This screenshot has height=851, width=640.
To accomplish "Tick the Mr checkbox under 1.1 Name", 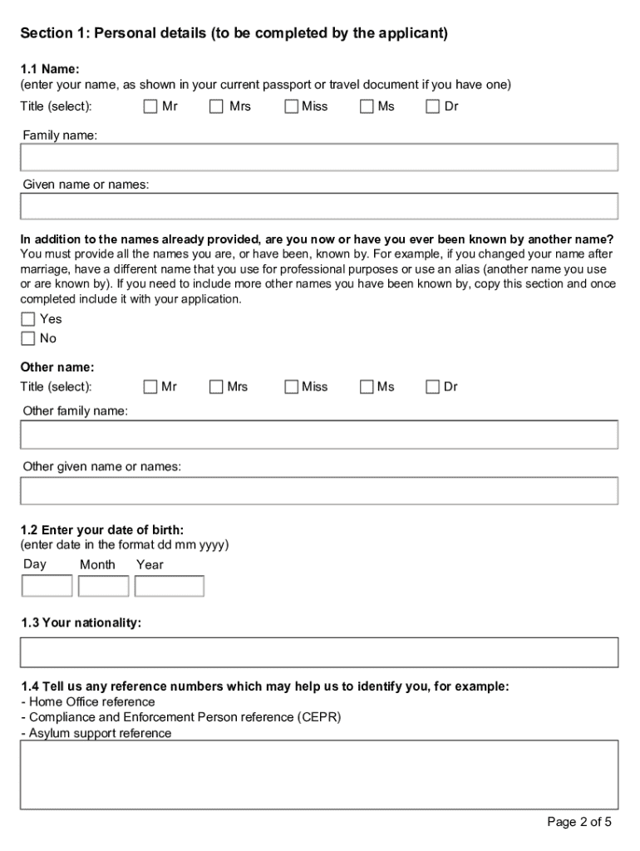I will [150, 106].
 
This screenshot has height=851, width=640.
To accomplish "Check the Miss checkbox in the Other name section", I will [292, 386].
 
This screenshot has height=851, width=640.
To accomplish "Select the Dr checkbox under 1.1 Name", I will [433, 106].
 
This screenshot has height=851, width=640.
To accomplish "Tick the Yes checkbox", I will [28, 319].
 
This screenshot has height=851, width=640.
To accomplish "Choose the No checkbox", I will [28, 338].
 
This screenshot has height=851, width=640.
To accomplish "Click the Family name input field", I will [319, 157].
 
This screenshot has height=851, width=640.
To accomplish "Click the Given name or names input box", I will [319, 206].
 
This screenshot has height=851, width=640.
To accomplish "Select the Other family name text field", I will [319, 435].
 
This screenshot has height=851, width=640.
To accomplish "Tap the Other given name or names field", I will [319, 490].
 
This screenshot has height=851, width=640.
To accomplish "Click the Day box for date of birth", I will [47, 586].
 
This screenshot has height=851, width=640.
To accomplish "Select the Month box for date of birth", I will [103, 586].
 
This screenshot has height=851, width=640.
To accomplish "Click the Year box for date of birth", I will [169, 586].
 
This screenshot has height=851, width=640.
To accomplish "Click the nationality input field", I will [319, 652].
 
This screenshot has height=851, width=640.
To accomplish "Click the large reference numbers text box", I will [319, 775].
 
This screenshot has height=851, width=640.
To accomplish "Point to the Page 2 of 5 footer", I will [579, 822].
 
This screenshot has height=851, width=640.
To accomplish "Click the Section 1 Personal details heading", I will [234, 33].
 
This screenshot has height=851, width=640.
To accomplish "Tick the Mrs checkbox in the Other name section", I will [217, 386].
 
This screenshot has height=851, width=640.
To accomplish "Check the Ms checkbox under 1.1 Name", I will [367, 106].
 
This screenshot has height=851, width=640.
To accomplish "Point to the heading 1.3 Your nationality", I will [81, 622].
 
